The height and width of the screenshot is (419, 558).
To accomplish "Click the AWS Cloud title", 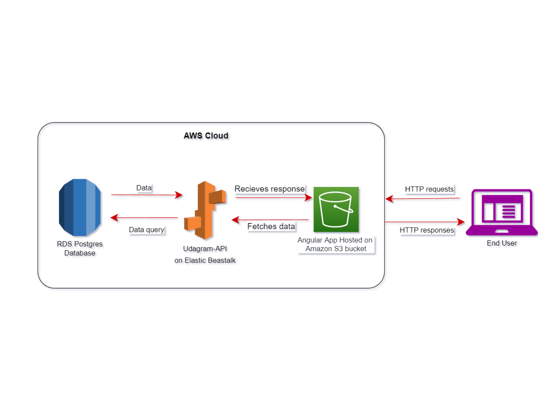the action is click(206, 135).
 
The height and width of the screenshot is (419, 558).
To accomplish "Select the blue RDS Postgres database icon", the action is click(80, 207).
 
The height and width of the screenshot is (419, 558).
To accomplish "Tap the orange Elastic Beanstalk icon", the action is click(205, 210).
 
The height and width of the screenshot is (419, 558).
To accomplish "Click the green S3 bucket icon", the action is click(336, 209).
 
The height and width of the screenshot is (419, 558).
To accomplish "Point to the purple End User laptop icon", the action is click(501, 212).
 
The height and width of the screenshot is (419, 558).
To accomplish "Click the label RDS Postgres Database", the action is click(80, 249).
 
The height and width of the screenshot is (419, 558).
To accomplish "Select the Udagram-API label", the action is click(205, 249).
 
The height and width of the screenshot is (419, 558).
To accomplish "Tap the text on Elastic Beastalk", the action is click(205, 260).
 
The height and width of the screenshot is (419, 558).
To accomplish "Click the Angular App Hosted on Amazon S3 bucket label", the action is click(335, 244).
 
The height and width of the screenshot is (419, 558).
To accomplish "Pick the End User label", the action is click(501, 243).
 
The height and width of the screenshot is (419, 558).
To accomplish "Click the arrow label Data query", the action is click(147, 230).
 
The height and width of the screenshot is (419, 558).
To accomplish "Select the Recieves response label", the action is click(269, 189).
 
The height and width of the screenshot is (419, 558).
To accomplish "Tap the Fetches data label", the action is click(271, 226).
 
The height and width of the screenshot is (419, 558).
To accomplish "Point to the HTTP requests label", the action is click(429, 189).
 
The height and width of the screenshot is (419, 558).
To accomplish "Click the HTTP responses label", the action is click(427, 230).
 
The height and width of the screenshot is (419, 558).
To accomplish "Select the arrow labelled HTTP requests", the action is click(422, 198).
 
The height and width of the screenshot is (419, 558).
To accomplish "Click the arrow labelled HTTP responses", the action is click(424, 222).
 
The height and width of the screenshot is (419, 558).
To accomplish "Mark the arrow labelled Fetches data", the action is click(270, 220).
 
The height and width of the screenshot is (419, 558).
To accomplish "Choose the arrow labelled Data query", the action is click(144, 218).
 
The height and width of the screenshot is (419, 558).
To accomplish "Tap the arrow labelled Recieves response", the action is click(273, 197).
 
